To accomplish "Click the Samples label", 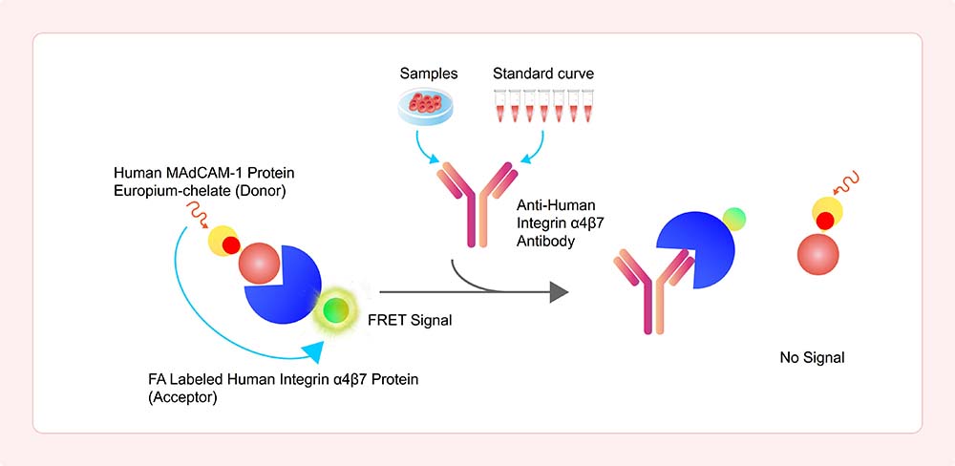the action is point(429,74).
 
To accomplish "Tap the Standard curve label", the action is point(543,74).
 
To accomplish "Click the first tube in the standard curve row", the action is point(499,105).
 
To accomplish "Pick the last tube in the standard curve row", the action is point(587,105).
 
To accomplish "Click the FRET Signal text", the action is point(410,320).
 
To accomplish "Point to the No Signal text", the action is point(813,357).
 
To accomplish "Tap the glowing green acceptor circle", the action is point(336,310).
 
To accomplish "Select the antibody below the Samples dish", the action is point(477,204).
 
